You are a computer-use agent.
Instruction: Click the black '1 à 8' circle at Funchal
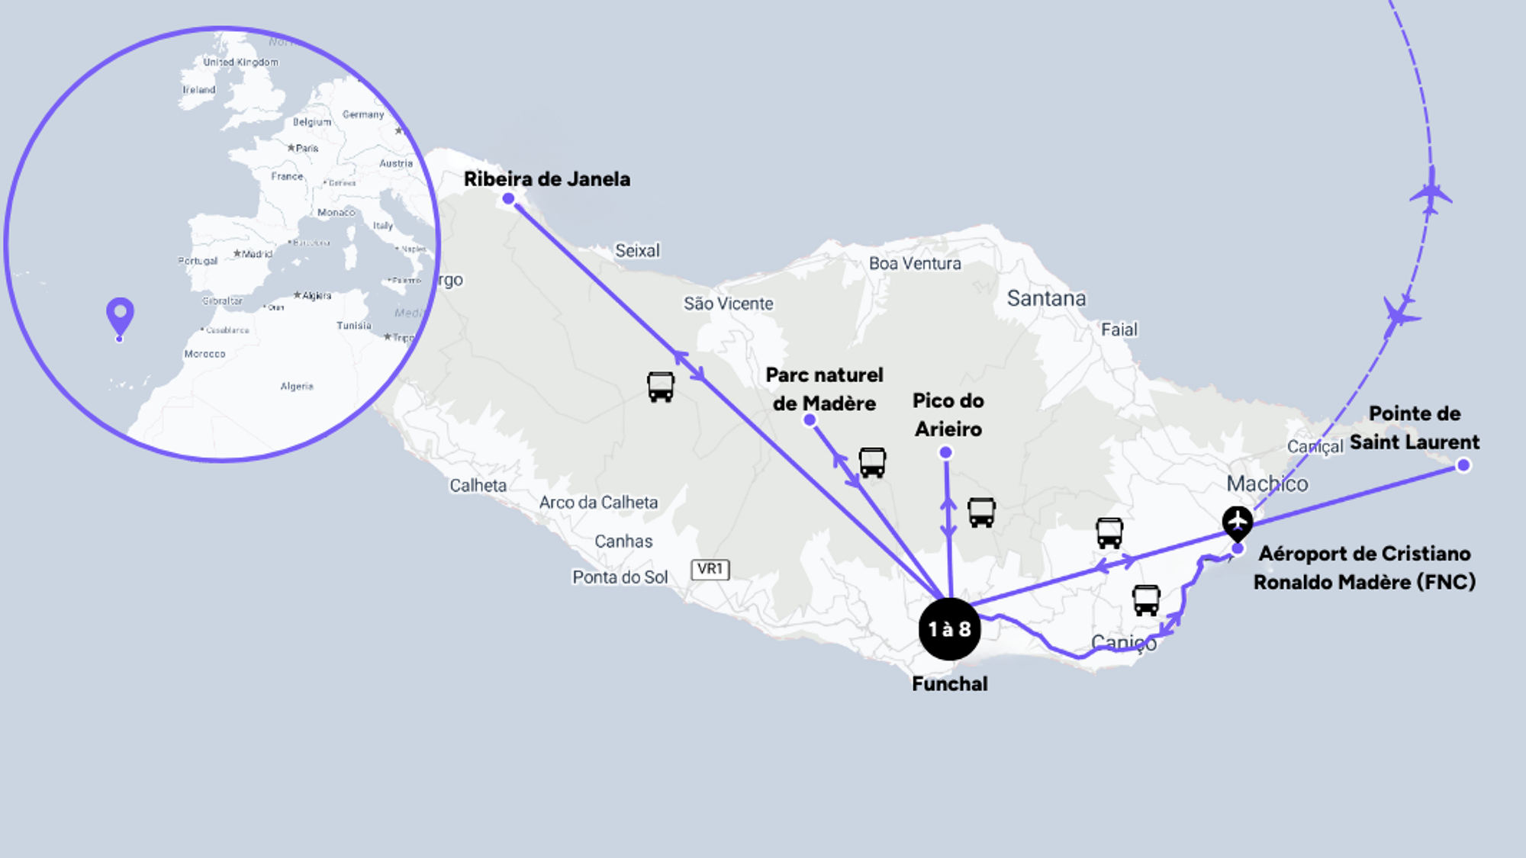coord(949,629)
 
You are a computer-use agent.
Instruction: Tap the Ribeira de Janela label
coord(547,179)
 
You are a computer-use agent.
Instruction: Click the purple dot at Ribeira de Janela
coord(508,199)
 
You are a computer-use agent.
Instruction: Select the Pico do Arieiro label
coord(948,415)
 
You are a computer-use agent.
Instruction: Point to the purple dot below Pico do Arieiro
coord(945,452)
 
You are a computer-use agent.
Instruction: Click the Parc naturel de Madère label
coord(824,389)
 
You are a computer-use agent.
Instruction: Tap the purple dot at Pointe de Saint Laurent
coord(1463,465)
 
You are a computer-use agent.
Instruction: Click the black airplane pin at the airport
coord(1237,522)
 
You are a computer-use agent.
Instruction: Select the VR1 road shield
coord(710,569)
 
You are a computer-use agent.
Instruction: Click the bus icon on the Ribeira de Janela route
coord(661,387)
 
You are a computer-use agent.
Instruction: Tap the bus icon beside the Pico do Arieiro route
coord(981,513)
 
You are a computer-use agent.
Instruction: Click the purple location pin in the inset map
coord(120,315)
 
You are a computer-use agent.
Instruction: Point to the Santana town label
coord(1046,298)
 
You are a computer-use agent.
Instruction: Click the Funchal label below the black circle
coord(949,683)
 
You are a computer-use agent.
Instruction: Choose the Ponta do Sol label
coord(620,577)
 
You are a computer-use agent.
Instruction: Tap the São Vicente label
coord(728,304)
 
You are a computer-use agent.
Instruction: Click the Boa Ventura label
coord(915,264)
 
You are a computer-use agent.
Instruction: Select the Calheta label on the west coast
coord(478,486)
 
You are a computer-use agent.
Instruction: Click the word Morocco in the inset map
coord(204,354)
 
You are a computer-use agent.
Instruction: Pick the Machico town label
coord(1267,484)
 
